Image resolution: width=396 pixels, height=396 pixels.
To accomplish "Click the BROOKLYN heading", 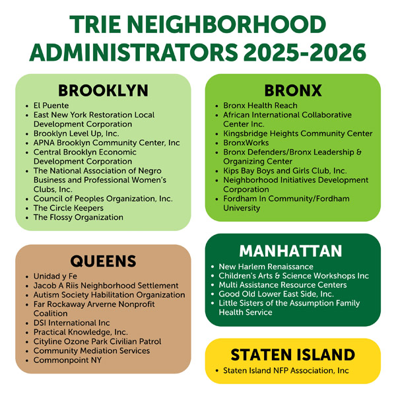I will (x=103, y=90).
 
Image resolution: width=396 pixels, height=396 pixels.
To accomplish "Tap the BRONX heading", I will (x=293, y=90).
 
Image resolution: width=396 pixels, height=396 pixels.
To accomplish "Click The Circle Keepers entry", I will (x=68, y=208).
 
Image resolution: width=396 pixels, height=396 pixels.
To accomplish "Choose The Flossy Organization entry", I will (x=78, y=217).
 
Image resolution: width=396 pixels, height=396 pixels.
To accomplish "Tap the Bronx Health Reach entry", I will (x=260, y=106).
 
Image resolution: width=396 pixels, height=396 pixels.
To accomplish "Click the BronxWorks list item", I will (x=245, y=143).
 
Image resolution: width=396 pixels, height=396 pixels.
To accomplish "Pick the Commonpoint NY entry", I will (x=67, y=360).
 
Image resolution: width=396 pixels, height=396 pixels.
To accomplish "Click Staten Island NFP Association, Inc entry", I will (x=286, y=371).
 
